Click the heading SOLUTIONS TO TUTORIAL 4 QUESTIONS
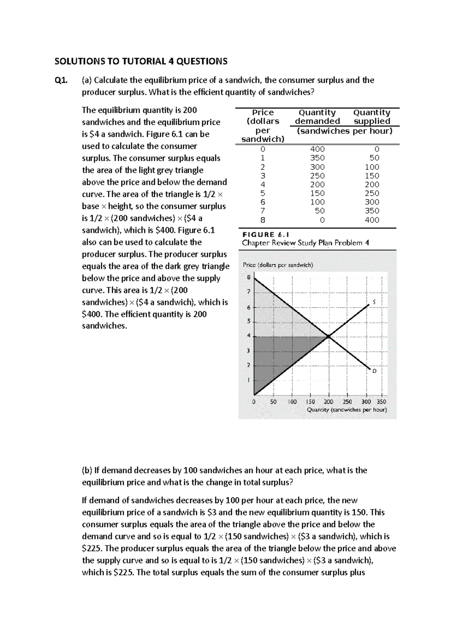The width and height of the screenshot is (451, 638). point(141,61)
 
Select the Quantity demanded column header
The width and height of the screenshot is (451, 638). point(317,117)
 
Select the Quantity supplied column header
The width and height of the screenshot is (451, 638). point(372,117)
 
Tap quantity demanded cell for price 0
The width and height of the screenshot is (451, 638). point(317,149)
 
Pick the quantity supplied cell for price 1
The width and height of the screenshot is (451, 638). point(374,158)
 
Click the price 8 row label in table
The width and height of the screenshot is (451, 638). point(263,220)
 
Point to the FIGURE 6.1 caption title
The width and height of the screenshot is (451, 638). point(265,234)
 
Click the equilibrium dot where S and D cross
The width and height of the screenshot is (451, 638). point(328,336)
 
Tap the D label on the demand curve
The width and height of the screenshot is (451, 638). point(374,371)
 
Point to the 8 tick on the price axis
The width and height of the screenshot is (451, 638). point(248,278)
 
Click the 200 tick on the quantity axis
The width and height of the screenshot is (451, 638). point(328,402)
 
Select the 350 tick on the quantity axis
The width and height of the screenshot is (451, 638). point(381,402)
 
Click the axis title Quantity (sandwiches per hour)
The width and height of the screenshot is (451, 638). point(347,410)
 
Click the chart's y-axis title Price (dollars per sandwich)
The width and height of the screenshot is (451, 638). point(278,265)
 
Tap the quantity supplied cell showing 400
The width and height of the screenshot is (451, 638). point(372,220)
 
